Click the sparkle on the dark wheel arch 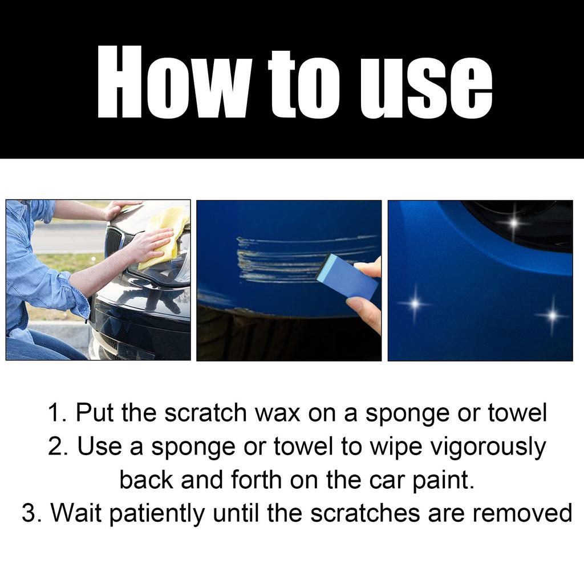tap(513, 222)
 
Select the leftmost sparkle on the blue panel tap(415, 303)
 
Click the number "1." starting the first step tap(56, 413)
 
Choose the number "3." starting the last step tap(31, 513)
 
